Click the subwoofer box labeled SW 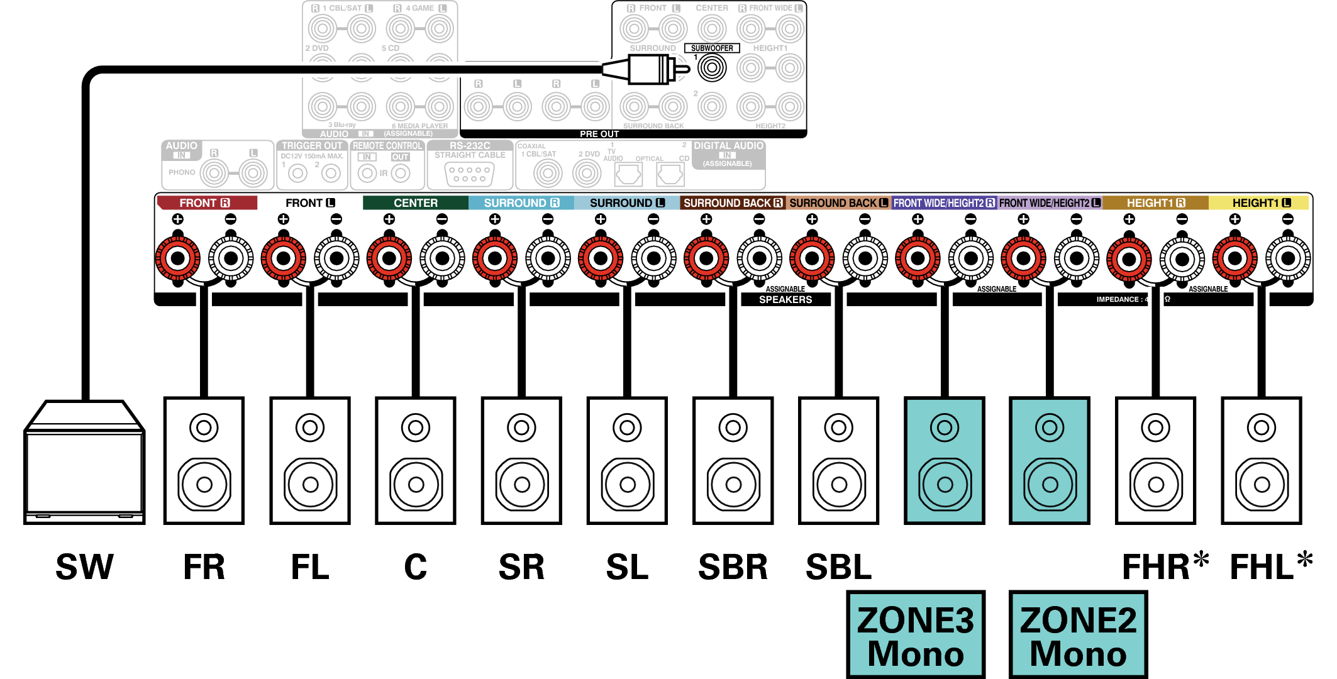coord(84,465)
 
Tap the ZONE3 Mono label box coord(916,635)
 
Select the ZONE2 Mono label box coord(1078,635)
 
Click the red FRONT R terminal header coord(206,203)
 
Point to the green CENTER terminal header coord(415,203)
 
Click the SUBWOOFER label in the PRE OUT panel coord(712,48)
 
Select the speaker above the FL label coord(310,460)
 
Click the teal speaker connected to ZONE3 coord(944,460)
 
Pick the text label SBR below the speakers coord(733,567)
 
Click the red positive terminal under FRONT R coord(178,258)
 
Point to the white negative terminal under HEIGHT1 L coord(1287,258)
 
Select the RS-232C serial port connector coord(469,174)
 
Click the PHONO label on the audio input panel coord(181,172)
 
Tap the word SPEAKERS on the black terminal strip coord(785,300)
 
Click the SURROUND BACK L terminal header coord(838,203)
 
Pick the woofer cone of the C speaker coord(416,484)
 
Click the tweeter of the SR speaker coord(521,428)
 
